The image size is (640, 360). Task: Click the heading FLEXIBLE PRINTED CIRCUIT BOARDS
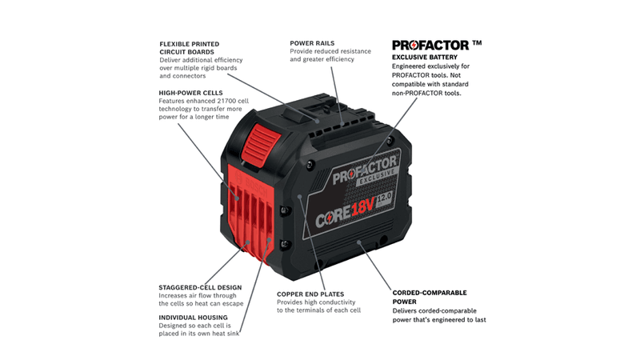coord(190,48)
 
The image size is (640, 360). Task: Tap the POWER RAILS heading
coord(312,43)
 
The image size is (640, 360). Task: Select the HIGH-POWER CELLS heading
coord(190,93)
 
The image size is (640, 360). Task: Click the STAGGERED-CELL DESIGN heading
coord(200,287)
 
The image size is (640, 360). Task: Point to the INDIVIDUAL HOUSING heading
coord(193,317)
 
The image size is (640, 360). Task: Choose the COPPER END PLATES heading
coord(310,294)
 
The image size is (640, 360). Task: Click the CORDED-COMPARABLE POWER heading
coord(430,297)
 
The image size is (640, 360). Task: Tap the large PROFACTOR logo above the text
coord(430,45)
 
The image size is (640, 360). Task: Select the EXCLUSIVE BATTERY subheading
coord(425,57)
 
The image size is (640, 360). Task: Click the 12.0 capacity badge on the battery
coord(384,199)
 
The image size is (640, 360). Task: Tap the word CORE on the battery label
coord(333,216)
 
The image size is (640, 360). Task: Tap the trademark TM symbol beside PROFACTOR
coord(477,42)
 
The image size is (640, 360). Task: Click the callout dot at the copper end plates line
coord(299,197)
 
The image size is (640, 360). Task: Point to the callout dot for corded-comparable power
coord(359,242)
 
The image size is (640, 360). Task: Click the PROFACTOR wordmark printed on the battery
coord(365,170)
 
